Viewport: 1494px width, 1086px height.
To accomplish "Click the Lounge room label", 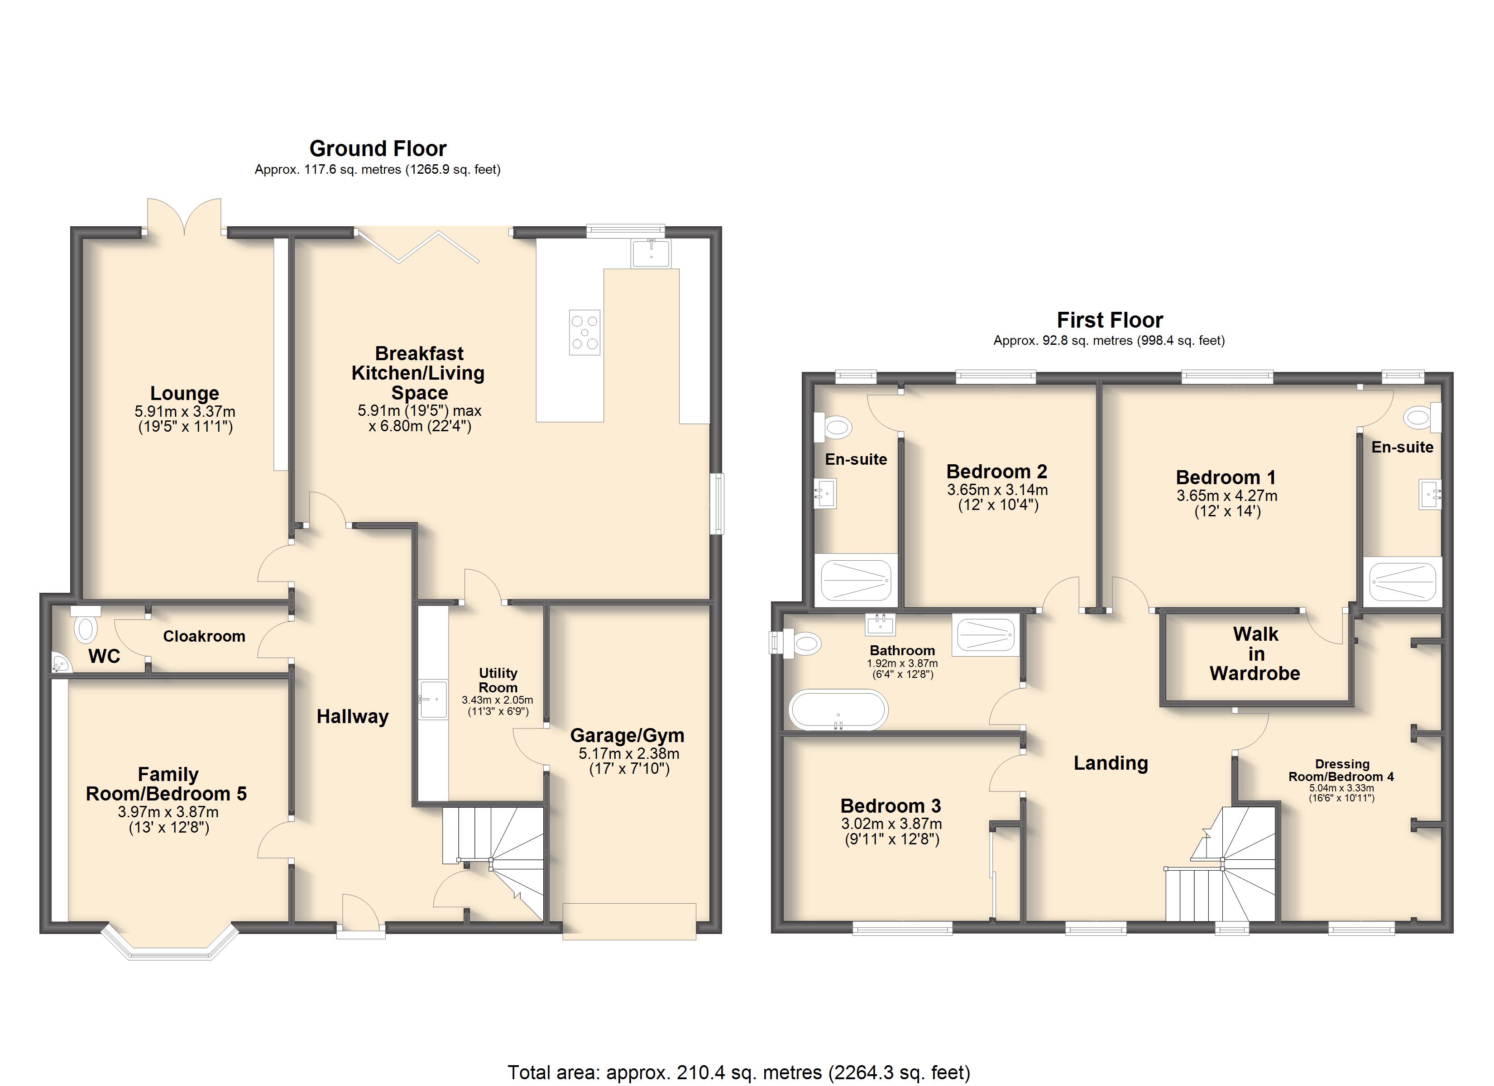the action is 184,393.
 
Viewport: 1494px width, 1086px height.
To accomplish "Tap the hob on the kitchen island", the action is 585,333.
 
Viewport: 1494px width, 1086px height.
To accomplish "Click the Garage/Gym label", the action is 627,736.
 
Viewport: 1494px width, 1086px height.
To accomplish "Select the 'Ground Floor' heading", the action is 378,148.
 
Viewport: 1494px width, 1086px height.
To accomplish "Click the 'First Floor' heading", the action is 1110,320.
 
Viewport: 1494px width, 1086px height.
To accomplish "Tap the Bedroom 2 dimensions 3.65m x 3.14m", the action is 997,490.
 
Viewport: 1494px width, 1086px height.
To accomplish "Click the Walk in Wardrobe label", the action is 1255,654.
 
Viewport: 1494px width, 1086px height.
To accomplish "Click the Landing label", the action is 1111,763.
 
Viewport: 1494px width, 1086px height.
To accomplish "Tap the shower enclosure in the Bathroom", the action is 986,635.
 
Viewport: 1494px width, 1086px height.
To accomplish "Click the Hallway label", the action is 352,717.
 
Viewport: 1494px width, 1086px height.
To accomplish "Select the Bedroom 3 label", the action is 891,806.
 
